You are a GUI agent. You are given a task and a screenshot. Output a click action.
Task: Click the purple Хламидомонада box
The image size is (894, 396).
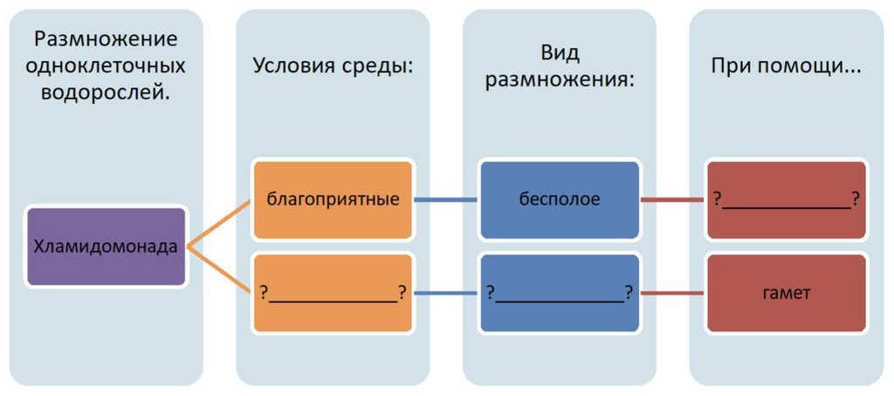click(106, 247)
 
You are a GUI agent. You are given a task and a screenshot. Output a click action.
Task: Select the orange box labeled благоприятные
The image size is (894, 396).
click(332, 199)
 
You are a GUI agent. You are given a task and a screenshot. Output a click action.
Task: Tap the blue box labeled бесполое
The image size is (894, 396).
click(559, 199)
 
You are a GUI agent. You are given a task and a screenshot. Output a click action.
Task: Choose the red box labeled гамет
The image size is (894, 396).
click(786, 293)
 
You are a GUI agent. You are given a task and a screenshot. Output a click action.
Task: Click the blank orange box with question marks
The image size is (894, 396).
click(332, 293)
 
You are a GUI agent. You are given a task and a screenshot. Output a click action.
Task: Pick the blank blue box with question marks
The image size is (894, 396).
click(559, 293)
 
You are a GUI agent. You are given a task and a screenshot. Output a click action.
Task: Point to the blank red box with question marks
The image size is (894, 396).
click(786, 199)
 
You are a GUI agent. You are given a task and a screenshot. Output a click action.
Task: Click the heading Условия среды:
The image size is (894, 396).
click(333, 66)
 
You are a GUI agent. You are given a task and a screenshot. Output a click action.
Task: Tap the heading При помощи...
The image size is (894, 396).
click(786, 66)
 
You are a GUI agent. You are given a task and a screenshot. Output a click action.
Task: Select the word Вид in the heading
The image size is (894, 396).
click(560, 52)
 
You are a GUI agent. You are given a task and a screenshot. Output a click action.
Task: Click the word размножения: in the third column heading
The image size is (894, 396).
click(560, 80)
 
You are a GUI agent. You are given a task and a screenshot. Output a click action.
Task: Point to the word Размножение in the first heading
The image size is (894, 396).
click(106, 38)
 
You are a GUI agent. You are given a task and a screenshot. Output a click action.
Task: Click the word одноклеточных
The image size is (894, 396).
click(106, 66)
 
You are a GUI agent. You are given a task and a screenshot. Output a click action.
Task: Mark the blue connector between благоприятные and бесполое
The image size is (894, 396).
click(445, 199)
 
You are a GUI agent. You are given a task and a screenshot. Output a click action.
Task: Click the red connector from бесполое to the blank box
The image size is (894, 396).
click(672, 199)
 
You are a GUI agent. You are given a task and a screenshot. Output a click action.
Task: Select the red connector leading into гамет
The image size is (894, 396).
click(672, 293)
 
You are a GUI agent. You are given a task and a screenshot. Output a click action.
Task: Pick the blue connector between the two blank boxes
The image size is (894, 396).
click(445, 293)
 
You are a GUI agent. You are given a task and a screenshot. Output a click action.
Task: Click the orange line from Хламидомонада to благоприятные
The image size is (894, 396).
click(219, 223)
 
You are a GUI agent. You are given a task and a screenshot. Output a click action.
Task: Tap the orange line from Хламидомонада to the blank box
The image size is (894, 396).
click(219, 269)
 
